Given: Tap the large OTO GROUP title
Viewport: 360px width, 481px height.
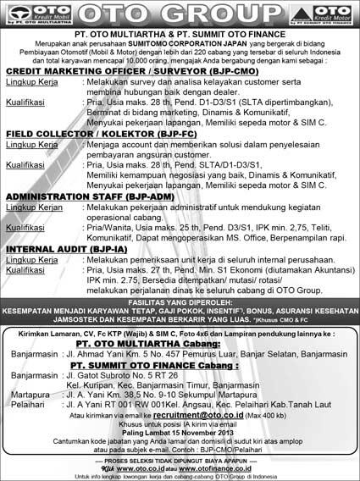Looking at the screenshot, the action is tap(180, 15).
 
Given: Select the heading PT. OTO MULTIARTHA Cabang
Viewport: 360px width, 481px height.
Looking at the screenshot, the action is tap(180, 345).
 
